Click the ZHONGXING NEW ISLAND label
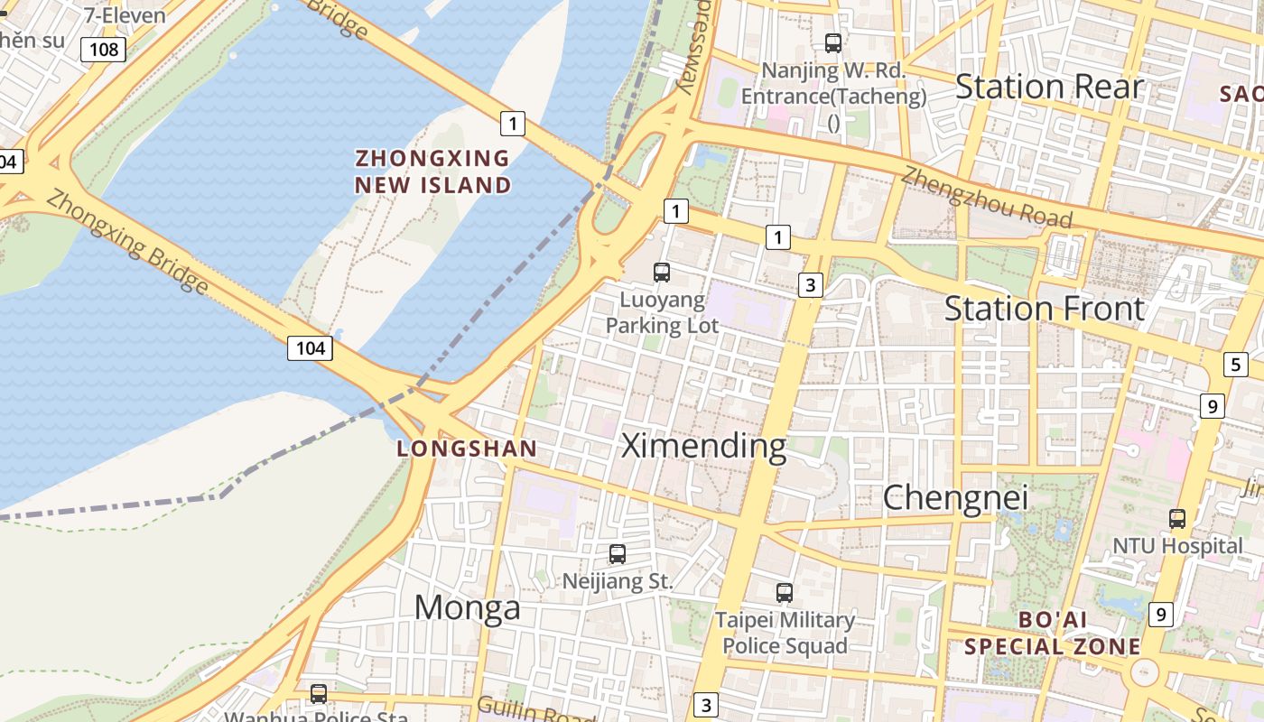point(432,171)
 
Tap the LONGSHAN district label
point(467,449)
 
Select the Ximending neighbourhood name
point(704,446)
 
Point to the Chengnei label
point(955,497)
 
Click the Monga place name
point(467,607)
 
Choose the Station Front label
point(1045,309)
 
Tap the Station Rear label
point(1049,87)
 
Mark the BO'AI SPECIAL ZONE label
point(1052,633)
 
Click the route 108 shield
point(103,49)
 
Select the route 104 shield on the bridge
point(310,347)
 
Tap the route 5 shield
point(1236,365)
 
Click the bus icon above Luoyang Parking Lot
point(662,272)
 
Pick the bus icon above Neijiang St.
point(618,554)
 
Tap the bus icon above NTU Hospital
point(1177,519)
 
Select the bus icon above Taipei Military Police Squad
point(785,593)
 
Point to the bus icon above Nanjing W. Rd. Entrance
point(833,42)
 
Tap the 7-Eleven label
point(125,14)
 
